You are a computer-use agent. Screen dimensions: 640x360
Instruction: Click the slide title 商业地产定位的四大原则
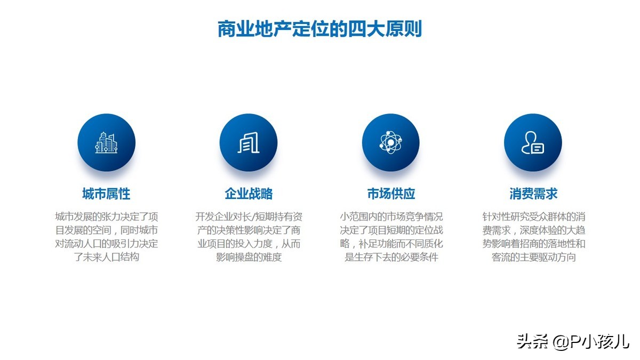[x=319, y=29]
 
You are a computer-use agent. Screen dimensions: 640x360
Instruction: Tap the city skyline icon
[x=106, y=142]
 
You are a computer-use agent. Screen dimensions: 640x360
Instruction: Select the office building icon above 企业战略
[x=249, y=142]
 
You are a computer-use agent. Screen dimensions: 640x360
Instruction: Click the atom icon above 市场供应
[x=390, y=142]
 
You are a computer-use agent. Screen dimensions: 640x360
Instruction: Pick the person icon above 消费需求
[x=533, y=142]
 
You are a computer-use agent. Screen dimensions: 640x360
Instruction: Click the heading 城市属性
[x=106, y=194]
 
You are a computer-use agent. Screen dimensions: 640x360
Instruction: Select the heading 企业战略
[x=249, y=194]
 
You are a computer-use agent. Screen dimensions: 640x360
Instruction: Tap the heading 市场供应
[x=391, y=194]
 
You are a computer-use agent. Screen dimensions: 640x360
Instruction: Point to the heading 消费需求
[x=533, y=194]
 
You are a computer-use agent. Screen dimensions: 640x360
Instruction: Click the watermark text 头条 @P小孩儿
[x=573, y=342]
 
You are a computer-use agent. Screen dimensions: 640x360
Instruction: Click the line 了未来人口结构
[x=106, y=257]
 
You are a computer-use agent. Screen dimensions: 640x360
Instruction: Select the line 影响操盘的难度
[x=249, y=257]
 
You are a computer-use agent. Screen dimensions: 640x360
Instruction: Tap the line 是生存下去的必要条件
[x=391, y=257]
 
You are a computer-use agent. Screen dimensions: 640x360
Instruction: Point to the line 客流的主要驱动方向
[x=533, y=257]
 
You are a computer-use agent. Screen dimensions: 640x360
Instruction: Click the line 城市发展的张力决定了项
[x=106, y=217]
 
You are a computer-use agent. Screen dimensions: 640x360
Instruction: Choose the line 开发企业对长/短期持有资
[x=249, y=217]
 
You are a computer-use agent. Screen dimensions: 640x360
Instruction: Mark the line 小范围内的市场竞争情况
[x=391, y=217]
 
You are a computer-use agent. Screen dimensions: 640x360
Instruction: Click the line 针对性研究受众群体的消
[x=533, y=217]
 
